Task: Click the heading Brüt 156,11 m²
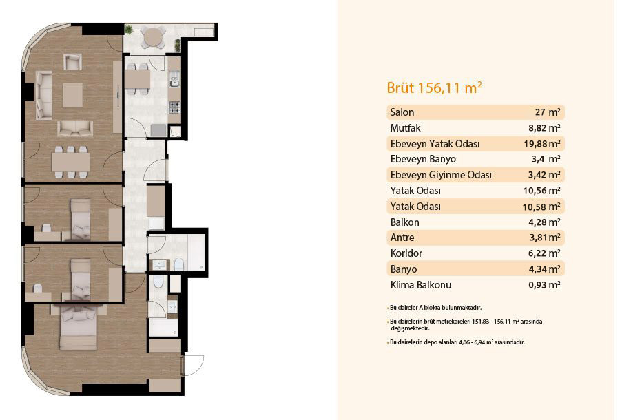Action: (434, 87)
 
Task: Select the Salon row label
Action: (402, 112)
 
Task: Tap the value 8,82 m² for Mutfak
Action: (544, 128)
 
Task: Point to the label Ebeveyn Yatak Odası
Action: (435, 144)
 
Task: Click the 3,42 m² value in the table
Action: (544, 175)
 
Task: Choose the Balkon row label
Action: (405, 222)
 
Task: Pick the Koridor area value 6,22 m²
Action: (544, 253)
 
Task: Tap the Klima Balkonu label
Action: (421, 285)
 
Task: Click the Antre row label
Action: (402, 238)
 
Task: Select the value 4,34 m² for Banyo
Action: (544, 269)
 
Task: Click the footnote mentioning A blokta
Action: (435, 308)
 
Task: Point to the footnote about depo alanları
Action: (456, 342)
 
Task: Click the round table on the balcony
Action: (152, 37)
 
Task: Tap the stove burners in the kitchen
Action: (174, 107)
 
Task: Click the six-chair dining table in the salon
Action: (71, 162)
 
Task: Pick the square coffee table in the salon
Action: (72, 95)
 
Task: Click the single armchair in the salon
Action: (72, 61)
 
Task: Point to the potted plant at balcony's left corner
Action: (128, 30)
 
